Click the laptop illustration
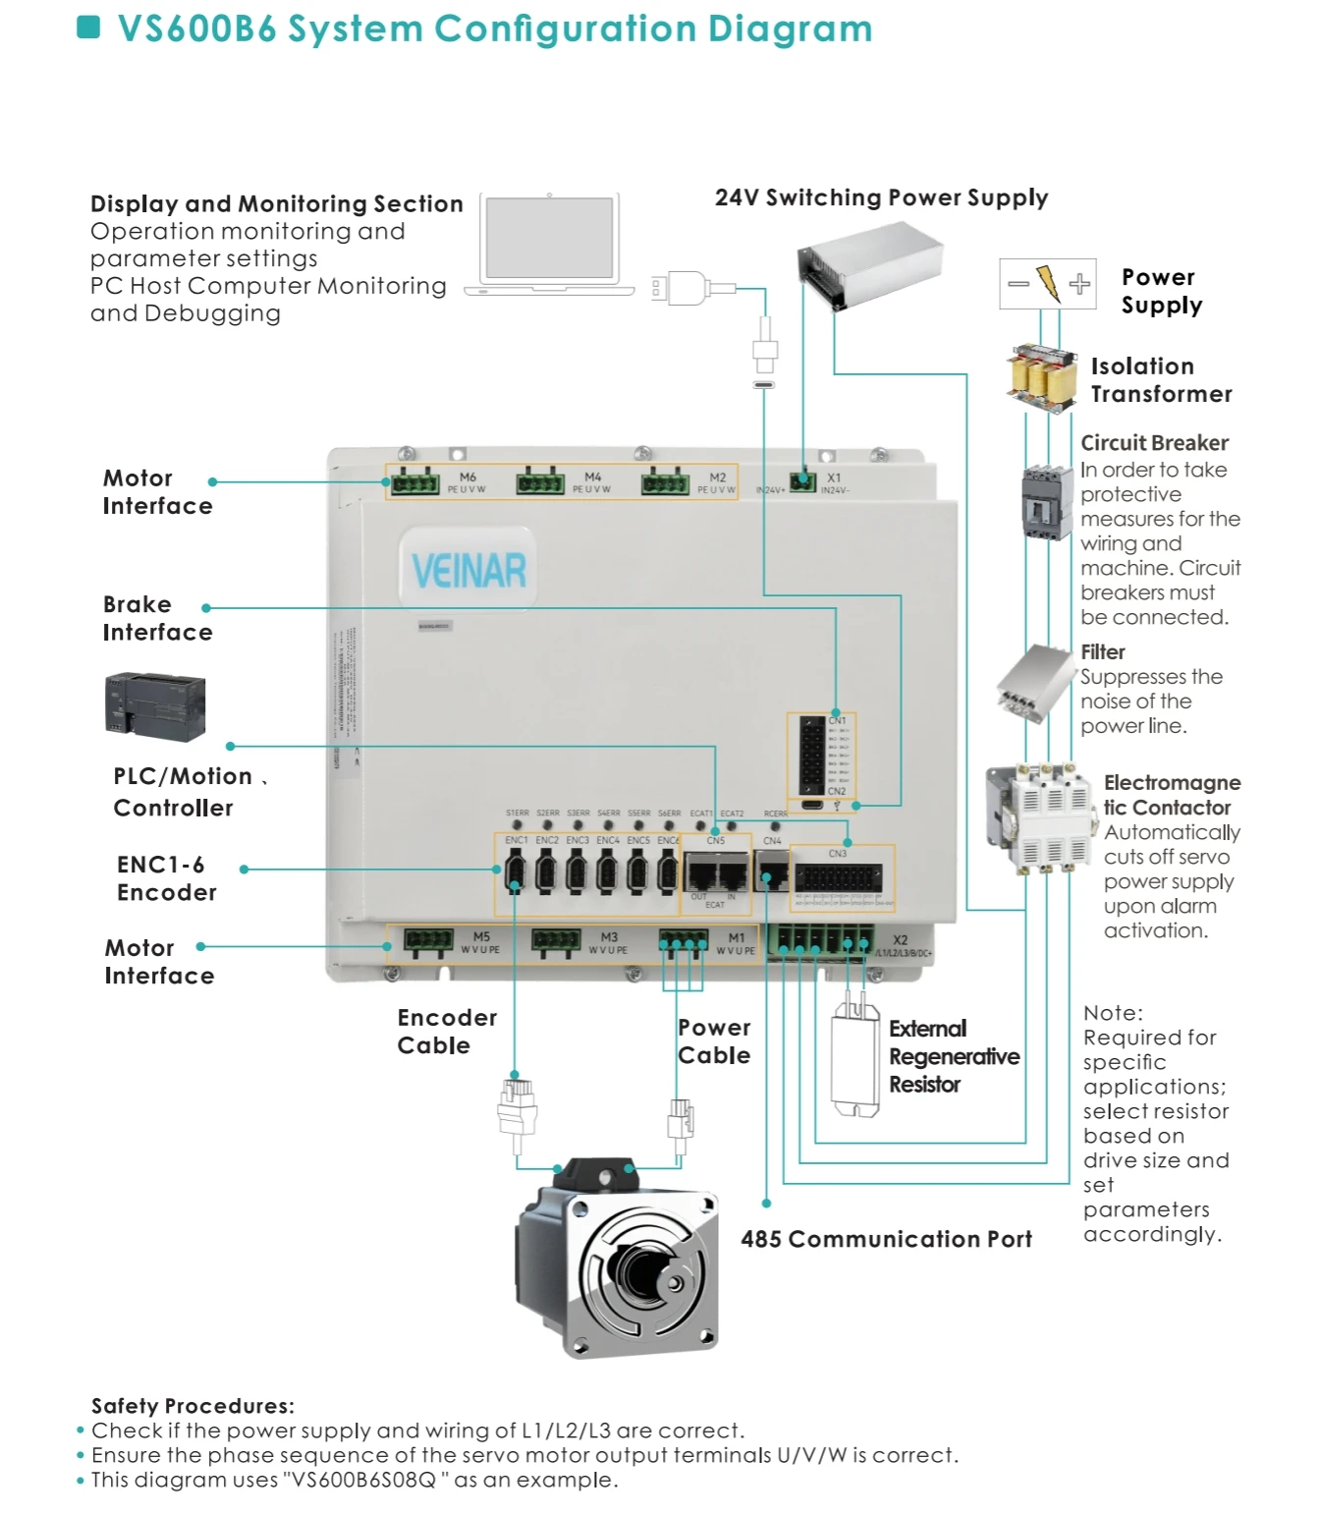(x=549, y=244)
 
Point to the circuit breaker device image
(x=1045, y=502)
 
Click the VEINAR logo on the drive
(x=468, y=571)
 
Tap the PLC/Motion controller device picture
(x=155, y=705)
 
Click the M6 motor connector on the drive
(x=414, y=483)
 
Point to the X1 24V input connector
(x=802, y=481)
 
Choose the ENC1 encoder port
(x=515, y=870)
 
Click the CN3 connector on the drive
(x=838, y=877)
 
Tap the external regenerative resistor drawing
(x=854, y=1061)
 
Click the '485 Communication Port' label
(x=886, y=1239)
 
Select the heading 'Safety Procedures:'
(x=193, y=1406)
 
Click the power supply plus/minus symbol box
(x=1047, y=284)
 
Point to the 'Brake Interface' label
(x=157, y=618)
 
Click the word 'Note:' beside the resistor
(x=1113, y=1013)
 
